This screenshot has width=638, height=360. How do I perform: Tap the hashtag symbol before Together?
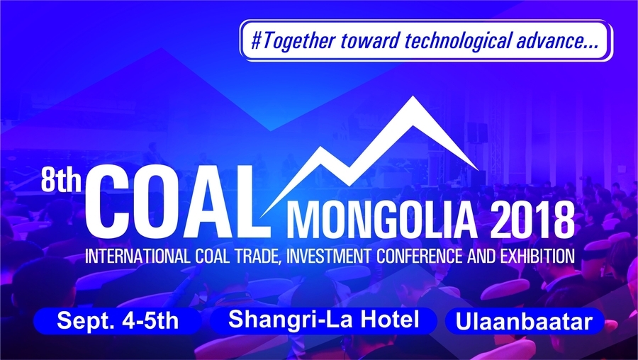(257, 42)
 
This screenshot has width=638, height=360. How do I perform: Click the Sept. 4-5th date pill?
(118, 321)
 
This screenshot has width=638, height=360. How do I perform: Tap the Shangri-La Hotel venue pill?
(323, 320)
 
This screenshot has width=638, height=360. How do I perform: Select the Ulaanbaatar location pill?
(524, 321)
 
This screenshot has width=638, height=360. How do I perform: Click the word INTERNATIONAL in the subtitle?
(137, 257)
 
